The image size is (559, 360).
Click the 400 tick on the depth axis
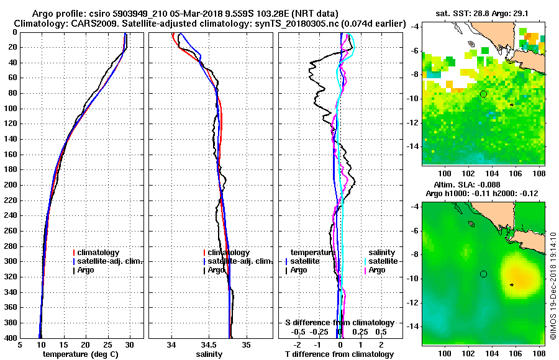[12, 338]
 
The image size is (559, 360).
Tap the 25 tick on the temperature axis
[107, 345]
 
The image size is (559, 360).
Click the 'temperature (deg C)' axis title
[80, 354]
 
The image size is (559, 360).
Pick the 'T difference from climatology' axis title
[339, 354]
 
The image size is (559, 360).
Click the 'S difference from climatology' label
[339, 323]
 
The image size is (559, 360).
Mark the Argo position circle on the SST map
[483, 94]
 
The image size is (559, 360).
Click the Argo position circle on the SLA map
[483, 274]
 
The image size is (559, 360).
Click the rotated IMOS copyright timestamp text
[552, 282]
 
